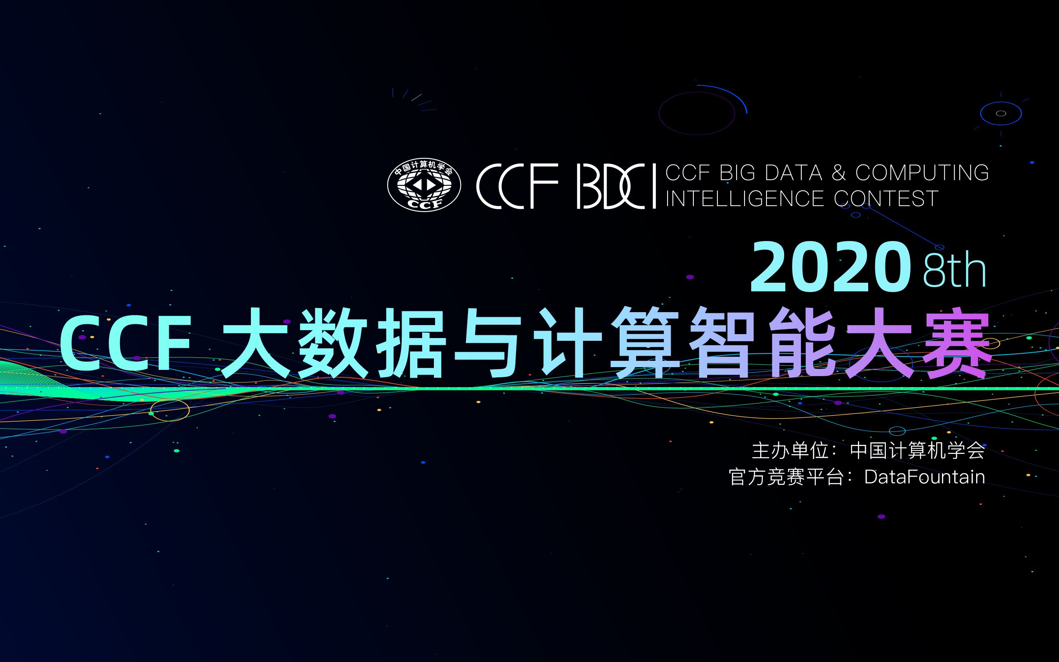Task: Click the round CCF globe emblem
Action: [424, 185]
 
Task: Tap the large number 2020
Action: [827, 267]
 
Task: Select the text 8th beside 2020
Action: [955, 269]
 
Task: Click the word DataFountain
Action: [925, 477]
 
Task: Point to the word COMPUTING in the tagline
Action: [922, 172]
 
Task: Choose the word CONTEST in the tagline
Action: [886, 198]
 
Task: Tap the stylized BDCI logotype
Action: [616, 186]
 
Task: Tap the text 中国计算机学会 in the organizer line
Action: [917, 451]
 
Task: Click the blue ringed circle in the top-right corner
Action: [1001, 114]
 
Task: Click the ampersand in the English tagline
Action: [838, 172]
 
